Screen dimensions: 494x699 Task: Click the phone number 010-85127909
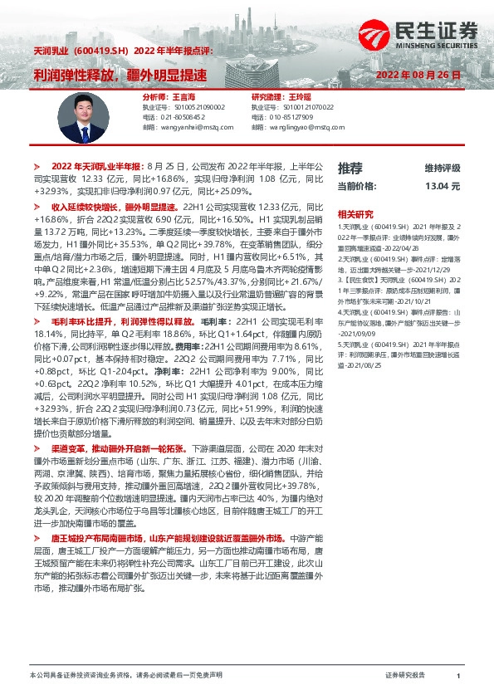click(288, 117)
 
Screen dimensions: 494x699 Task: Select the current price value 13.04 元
click(442, 186)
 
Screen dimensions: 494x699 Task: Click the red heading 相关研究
click(355, 213)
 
